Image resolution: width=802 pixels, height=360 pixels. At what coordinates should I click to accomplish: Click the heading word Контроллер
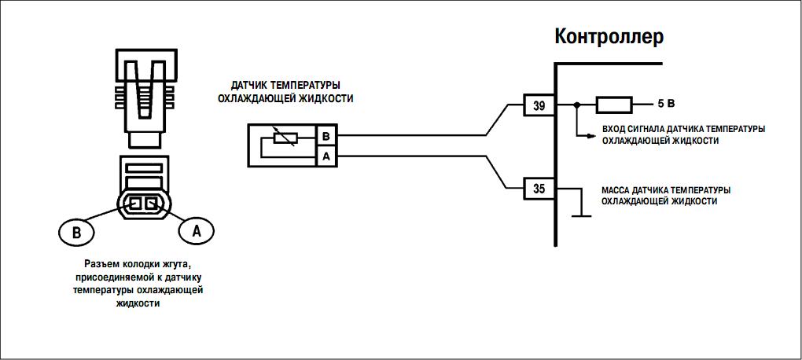point(609,36)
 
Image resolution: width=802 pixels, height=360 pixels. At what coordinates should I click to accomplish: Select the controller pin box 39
point(539,105)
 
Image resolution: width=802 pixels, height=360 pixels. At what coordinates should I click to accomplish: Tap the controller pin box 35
point(539,189)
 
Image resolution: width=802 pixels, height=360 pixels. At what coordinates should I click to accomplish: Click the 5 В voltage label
point(666,105)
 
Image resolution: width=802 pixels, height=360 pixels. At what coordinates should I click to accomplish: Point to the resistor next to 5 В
point(614,105)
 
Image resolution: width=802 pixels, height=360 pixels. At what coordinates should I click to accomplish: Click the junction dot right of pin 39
point(577,105)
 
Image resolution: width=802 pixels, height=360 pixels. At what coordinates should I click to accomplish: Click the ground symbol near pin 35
point(581,213)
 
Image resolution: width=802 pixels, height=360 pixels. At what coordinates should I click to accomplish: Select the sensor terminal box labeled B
point(326,136)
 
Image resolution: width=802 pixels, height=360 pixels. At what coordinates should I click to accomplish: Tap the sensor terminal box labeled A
point(326,156)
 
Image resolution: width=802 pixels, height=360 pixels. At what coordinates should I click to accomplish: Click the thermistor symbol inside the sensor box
point(283,138)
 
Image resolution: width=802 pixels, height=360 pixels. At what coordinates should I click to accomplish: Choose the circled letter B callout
point(75,232)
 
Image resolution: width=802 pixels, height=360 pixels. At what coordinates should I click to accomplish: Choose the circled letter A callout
point(197,230)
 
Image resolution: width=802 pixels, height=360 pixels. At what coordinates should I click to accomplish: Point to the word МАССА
point(618,189)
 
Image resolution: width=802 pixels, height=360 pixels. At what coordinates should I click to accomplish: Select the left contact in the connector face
point(135,203)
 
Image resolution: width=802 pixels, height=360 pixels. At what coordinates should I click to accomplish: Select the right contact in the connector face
point(151,203)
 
